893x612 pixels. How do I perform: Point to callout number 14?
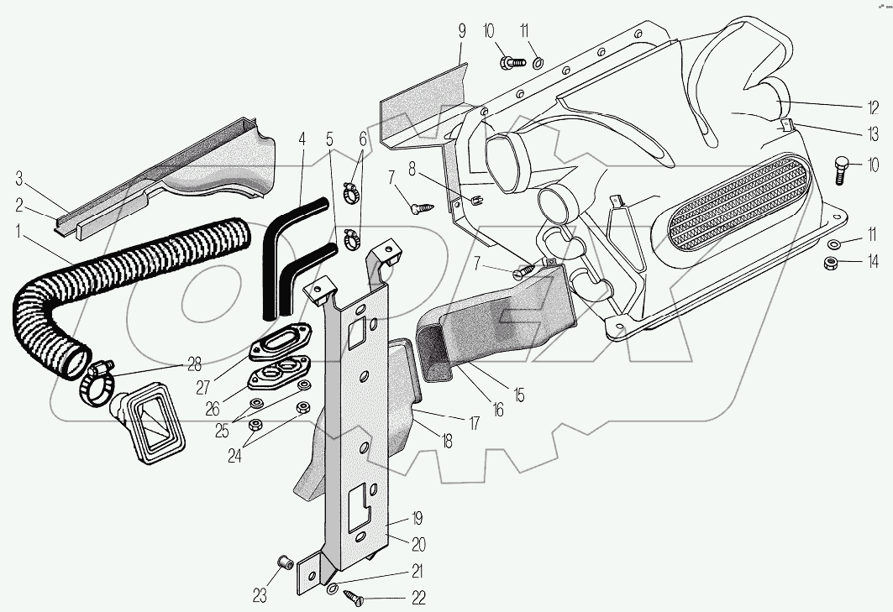(x=874, y=263)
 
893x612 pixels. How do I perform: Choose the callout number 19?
(x=418, y=518)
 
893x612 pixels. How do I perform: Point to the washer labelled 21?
(x=334, y=588)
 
